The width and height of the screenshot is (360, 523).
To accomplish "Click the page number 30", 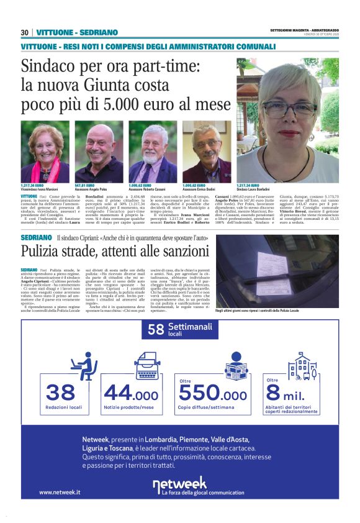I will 25,32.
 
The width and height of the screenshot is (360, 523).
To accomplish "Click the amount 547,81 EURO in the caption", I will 85,185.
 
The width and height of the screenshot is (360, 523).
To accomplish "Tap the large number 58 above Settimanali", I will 156,329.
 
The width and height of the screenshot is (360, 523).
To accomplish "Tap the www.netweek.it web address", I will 60,492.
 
